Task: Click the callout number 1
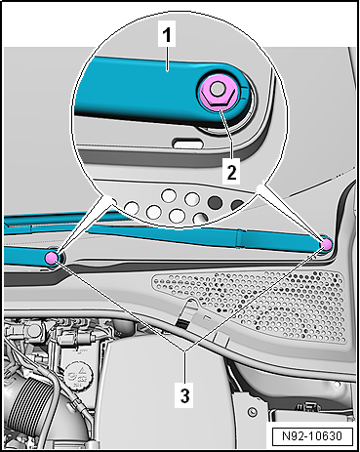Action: (167, 34)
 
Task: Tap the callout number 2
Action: (231, 172)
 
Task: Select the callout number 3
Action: (184, 395)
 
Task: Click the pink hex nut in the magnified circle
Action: (216, 93)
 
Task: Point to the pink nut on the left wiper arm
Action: (52, 258)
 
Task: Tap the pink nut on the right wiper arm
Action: (326, 243)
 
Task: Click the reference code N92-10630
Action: (312, 435)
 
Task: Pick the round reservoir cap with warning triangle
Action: (78, 375)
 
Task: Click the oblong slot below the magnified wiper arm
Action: (186, 143)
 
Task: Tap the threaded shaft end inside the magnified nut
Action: (216, 88)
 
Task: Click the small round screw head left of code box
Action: (252, 412)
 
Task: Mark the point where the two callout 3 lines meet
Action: (184, 350)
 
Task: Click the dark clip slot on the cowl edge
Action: (182, 322)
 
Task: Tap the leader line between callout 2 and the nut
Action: (225, 134)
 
